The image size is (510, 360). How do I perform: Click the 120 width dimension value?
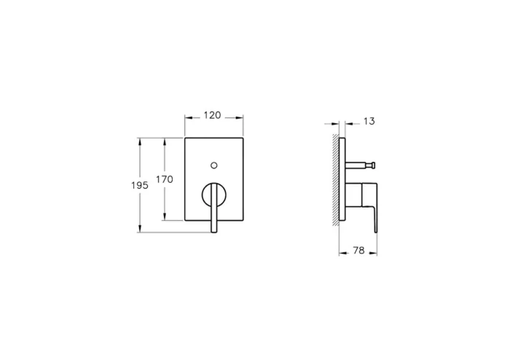(x=212, y=116)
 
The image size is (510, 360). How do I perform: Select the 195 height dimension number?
(x=140, y=186)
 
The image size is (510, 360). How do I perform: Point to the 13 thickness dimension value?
(x=369, y=121)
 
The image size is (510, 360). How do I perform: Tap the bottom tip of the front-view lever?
(x=213, y=231)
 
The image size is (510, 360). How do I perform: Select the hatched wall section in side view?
(x=336, y=179)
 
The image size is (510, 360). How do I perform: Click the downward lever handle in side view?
(x=374, y=211)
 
